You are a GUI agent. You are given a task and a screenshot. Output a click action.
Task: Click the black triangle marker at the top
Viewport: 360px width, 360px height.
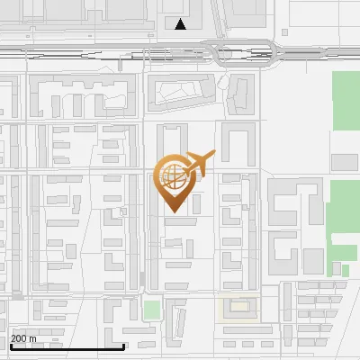pyautogui.click(x=181, y=24)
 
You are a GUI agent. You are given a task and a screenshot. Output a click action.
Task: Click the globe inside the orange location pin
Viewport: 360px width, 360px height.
pyautogui.click(x=174, y=177)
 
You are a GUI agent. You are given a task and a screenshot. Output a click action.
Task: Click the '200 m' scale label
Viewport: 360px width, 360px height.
pyautogui.click(x=23, y=338)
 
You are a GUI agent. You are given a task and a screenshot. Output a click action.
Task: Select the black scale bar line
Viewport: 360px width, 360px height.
pyautogui.click(x=67, y=346)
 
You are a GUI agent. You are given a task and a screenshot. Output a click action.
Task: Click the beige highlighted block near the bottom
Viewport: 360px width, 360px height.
pyautogui.click(x=238, y=307)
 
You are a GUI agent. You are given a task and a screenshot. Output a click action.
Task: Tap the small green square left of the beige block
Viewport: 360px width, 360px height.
pyautogui.click(x=151, y=310)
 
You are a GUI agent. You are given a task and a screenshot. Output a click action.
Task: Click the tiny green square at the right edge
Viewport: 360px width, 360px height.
pyautogui.click(x=345, y=270)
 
